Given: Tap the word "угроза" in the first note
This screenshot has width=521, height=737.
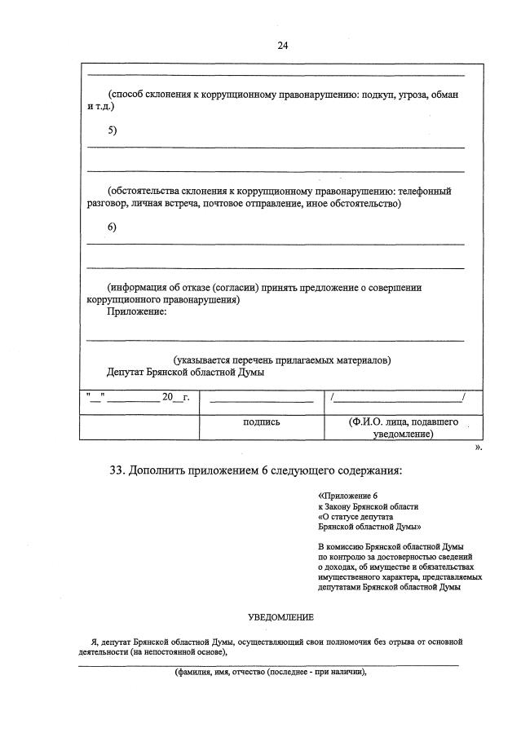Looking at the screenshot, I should (x=414, y=95).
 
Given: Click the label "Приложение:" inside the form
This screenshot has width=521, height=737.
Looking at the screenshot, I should (x=138, y=311).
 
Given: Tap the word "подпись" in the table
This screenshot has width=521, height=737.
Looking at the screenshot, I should (x=261, y=422).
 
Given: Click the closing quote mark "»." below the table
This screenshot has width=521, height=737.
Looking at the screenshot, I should (x=478, y=448).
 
